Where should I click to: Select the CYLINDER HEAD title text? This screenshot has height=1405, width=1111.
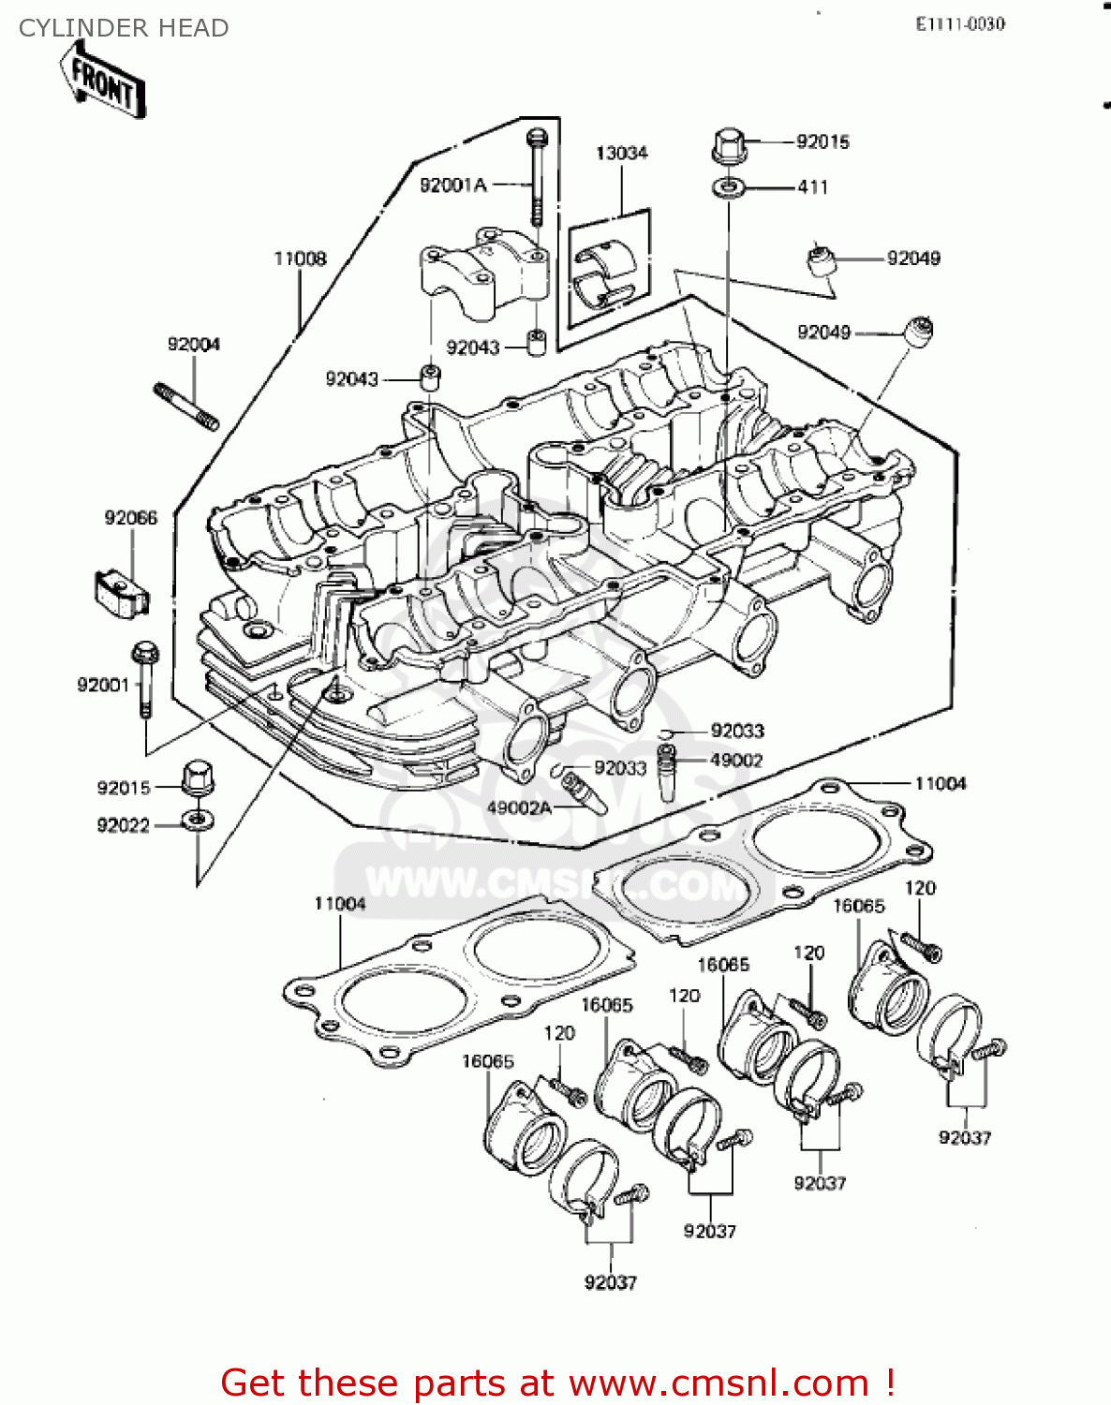(x=124, y=28)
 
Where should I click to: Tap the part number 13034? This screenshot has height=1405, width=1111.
(x=621, y=153)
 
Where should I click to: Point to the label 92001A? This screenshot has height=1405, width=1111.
(x=453, y=185)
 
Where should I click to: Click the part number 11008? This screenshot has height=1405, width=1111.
(x=300, y=259)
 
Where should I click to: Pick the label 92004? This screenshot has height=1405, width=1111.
(x=194, y=345)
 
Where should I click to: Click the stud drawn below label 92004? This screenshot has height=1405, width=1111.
(x=185, y=406)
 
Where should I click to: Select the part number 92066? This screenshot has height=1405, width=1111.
(x=131, y=518)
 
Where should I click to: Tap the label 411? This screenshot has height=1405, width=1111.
(x=813, y=187)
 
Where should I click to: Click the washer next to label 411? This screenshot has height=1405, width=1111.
(x=728, y=187)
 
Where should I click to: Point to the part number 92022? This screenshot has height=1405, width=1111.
(x=124, y=825)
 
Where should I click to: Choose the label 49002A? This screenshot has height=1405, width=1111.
(x=519, y=807)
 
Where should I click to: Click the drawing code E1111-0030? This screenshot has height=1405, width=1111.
(x=960, y=24)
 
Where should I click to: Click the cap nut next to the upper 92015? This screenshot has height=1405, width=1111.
(x=729, y=146)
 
